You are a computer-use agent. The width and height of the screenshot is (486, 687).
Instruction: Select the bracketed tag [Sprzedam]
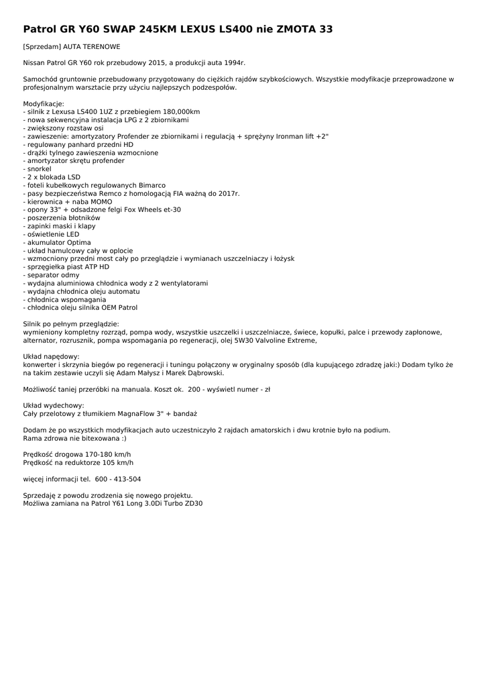42,47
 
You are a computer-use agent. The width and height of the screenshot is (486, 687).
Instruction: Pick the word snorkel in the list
39,169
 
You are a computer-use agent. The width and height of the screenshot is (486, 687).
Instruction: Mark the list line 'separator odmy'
51,275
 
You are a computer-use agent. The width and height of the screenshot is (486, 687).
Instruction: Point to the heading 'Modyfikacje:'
44,103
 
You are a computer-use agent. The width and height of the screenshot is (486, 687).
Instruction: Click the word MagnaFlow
133,414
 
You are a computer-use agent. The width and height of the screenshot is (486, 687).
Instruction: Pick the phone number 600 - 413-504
118,479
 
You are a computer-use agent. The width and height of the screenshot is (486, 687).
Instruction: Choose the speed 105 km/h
118,463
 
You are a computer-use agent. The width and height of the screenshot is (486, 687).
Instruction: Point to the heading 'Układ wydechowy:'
54,406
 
